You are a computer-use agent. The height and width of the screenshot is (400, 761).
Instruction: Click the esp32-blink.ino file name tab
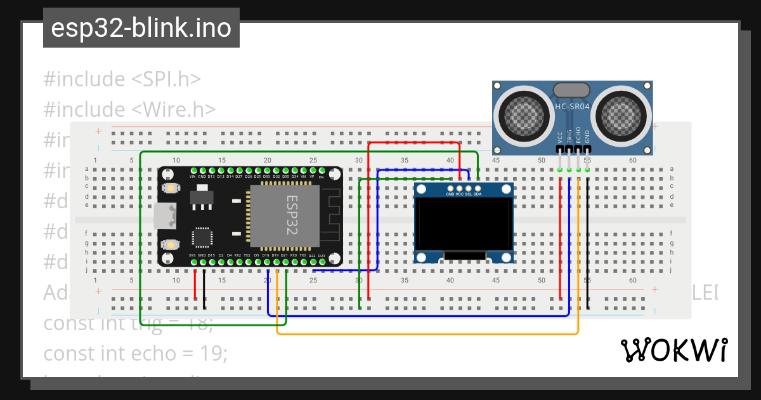pos(141,28)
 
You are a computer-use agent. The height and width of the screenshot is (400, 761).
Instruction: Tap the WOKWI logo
pos(673,350)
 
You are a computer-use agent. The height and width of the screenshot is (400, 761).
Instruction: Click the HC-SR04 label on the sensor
pos(572,107)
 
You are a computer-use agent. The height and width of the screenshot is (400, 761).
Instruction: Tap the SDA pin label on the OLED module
pos(477,194)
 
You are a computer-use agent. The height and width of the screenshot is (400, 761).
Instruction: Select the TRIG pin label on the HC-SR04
pos(569,137)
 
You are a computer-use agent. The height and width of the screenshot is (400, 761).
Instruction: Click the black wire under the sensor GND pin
pos(588,241)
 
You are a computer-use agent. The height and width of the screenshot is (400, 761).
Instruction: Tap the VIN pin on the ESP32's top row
pos(193,177)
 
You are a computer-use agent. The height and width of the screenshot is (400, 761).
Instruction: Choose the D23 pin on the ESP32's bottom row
pos(322,255)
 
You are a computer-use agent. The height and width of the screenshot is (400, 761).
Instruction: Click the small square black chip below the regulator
pos(202,237)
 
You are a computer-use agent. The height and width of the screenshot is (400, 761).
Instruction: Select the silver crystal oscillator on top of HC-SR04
pos(571,90)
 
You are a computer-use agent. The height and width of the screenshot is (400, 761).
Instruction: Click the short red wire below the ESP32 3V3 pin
pos(195,285)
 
